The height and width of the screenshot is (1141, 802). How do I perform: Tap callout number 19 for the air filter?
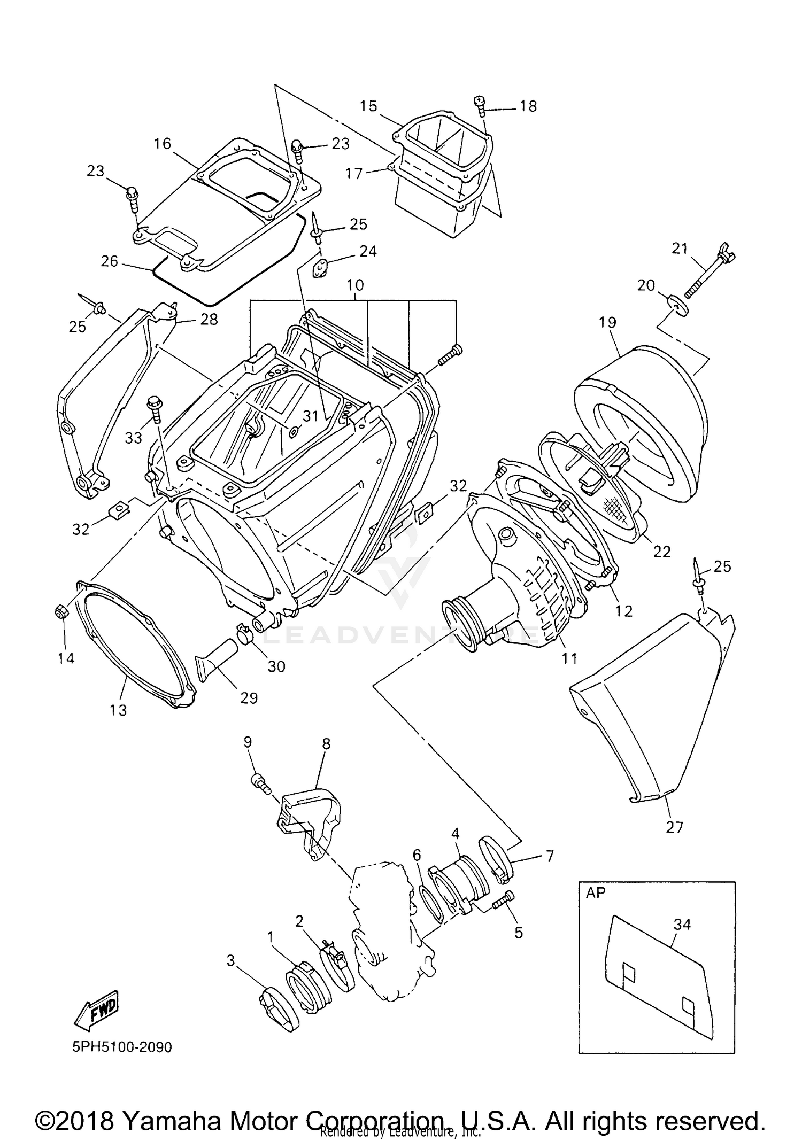(x=607, y=322)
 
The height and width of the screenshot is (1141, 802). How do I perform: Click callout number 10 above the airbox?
(x=355, y=285)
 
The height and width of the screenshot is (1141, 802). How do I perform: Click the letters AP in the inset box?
(x=596, y=892)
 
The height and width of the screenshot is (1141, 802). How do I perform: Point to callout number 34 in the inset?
(x=682, y=924)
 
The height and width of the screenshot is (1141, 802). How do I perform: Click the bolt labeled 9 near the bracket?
(x=258, y=783)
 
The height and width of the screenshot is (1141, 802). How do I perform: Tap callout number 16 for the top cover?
(x=163, y=144)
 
